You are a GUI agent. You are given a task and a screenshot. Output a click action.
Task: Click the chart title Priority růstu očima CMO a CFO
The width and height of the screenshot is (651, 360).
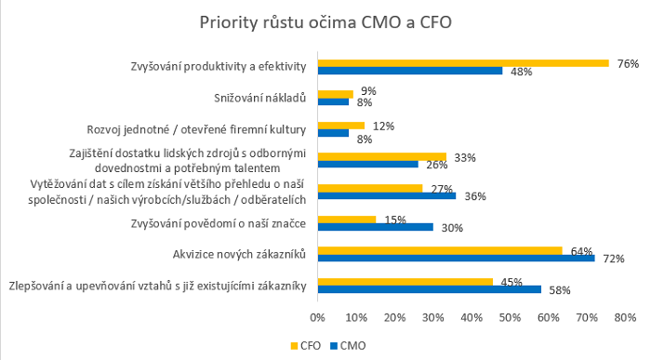pyautogui.click(x=325, y=21)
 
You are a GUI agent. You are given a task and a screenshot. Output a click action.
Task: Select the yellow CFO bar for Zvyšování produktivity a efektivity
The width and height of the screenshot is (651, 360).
pyautogui.click(x=463, y=63)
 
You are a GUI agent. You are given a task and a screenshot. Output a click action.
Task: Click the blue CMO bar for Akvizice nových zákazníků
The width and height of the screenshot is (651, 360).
pyautogui.click(x=456, y=258)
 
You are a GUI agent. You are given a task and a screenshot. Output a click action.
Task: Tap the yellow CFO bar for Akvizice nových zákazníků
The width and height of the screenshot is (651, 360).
pyautogui.click(x=440, y=249)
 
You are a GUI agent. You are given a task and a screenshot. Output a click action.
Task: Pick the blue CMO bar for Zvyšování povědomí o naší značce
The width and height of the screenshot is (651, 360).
pyautogui.click(x=376, y=226)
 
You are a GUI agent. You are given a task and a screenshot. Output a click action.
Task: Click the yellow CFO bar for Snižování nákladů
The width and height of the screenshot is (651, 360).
pyautogui.click(x=335, y=94)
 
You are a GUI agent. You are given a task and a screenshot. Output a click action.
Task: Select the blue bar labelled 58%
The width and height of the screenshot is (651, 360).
pyautogui.click(x=429, y=289)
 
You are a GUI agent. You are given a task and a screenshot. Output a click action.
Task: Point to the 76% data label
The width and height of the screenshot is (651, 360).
pyautogui.click(x=628, y=63)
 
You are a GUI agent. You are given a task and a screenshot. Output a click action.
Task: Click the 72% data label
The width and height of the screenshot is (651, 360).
pyautogui.click(x=613, y=259)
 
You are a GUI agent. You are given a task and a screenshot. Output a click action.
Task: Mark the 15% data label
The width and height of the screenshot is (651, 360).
pyautogui.click(x=394, y=219)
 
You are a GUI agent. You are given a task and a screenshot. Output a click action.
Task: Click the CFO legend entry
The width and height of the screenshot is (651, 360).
pyautogui.click(x=301, y=344)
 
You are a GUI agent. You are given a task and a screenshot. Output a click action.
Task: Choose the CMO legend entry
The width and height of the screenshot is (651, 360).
pyautogui.click(x=349, y=344)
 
